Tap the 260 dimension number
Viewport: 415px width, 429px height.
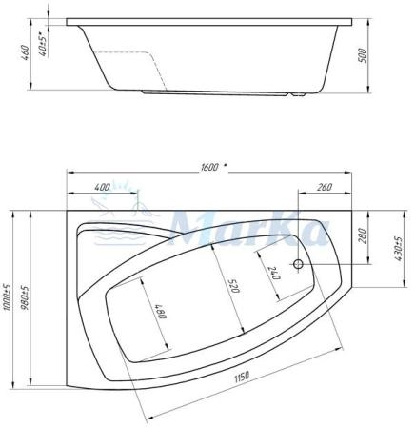pyautogui.click(x=325, y=186)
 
